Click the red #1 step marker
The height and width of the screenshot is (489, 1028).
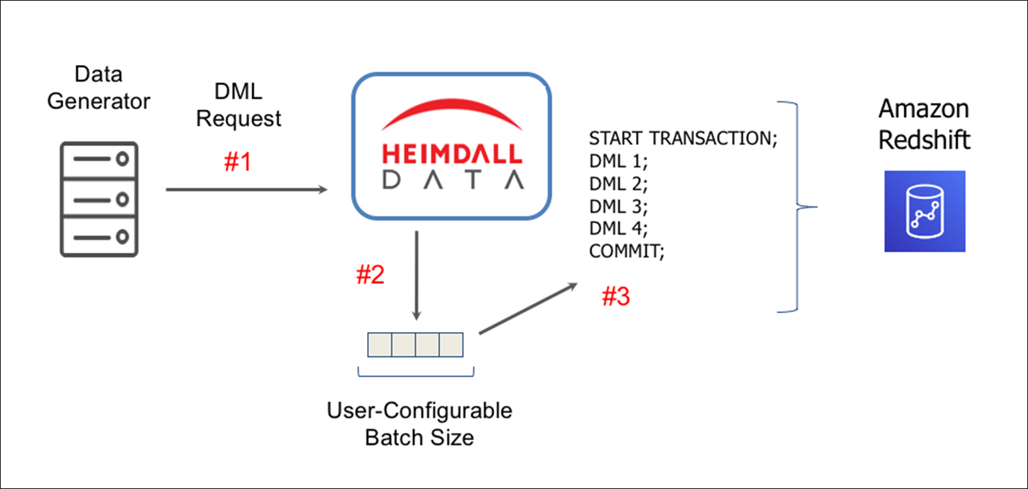coord(237,162)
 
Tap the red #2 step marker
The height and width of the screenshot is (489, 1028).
coord(370,275)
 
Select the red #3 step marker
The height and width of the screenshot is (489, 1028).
coord(616,297)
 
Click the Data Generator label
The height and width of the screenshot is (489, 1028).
coord(99,87)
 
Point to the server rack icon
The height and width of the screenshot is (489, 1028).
coord(99,199)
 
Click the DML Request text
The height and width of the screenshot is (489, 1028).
coord(238,106)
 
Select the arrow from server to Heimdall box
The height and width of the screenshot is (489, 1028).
coord(247,190)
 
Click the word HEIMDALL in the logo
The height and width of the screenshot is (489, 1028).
coord(451,154)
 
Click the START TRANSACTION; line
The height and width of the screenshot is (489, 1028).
coord(684,139)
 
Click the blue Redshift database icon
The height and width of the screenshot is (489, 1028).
coord(925,211)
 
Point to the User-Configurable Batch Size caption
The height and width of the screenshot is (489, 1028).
coord(419,423)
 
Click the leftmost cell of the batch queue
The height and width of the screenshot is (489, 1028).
coord(379,345)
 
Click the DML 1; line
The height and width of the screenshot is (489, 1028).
coord(619,161)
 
